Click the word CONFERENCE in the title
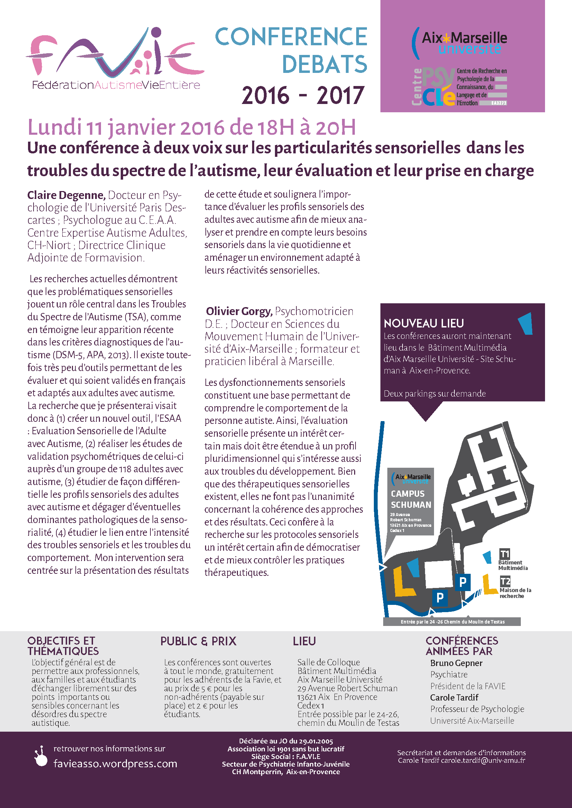pyautogui.click(x=291, y=37)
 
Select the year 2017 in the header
pyautogui.click(x=340, y=95)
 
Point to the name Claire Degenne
pyautogui.click(x=66, y=195)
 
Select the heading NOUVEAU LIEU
pyautogui.click(x=424, y=323)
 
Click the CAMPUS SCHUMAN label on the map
pyautogui.click(x=411, y=499)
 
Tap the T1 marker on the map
pyautogui.click(x=505, y=554)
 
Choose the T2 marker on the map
pyautogui.click(x=505, y=581)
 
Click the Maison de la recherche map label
pyautogui.click(x=515, y=593)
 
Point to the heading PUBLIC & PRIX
pyautogui.click(x=198, y=641)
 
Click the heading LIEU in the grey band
pyautogui.click(x=304, y=641)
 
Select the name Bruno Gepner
pyautogui.click(x=456, y=663)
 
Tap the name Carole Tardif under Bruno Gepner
pyautogui.click(x=454, y=697)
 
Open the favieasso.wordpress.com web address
pyautogui.click(x=115, y=764)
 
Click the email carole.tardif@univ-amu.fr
pyautogui.click(x=483, y=760)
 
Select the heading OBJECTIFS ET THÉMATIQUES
pyautogui.click(x=63, y=646)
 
